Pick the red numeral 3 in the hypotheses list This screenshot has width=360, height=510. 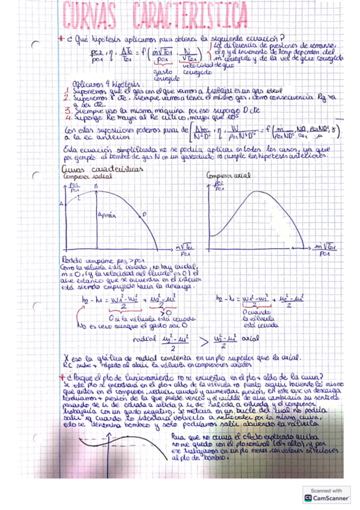pyautogui.click(x=66, y=111)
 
